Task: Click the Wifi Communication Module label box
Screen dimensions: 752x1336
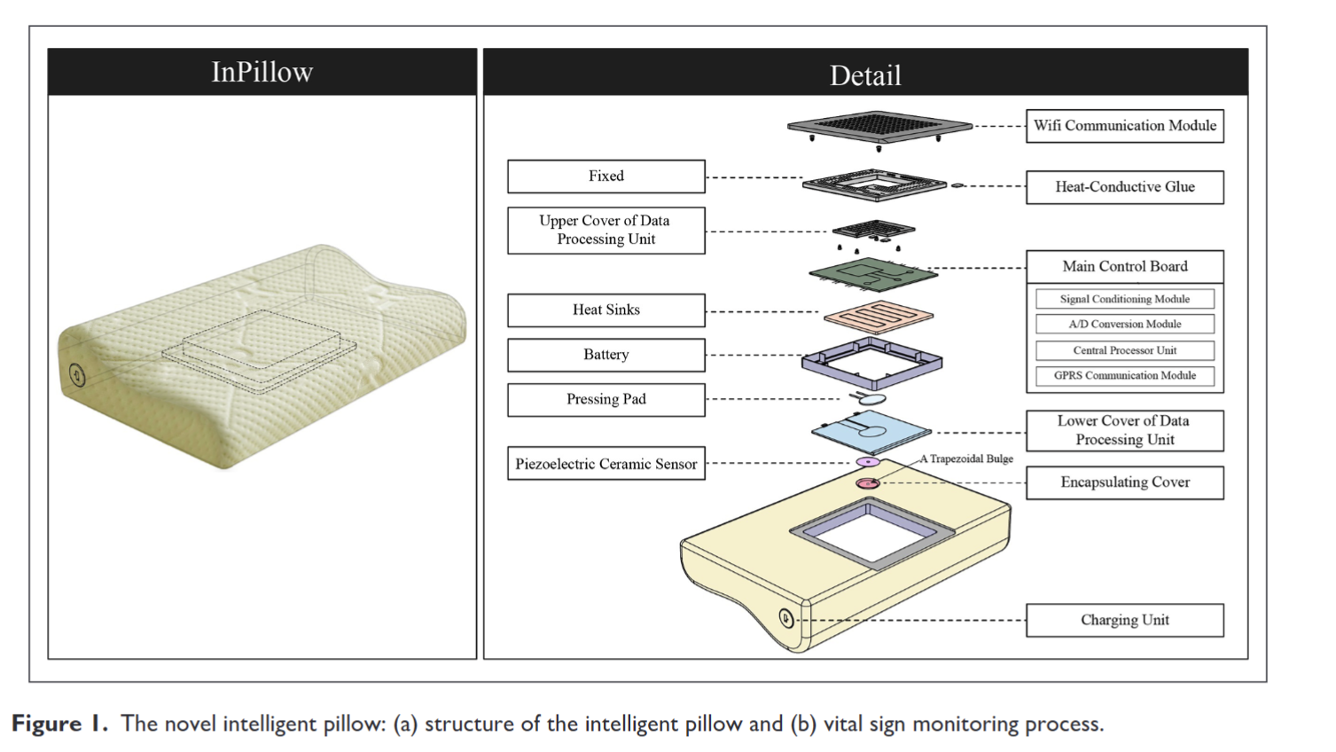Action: click(x=1124, y=126)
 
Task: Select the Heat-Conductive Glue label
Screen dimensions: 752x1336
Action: click(x=1124, y=187)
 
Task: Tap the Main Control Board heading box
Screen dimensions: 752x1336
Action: click(x=1124, y=266)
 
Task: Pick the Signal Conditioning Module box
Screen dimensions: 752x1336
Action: click(x=1124, y=299)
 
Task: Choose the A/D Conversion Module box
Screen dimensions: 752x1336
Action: click(x=1124, y=325)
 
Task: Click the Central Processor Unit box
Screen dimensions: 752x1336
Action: click(x=1124, y=350)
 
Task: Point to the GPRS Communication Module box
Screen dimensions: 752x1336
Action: click(x=1124, y=376)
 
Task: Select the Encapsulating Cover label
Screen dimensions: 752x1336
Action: click(x=1124, y=482)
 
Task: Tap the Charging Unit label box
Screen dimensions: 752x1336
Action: click(x=1124, y=620)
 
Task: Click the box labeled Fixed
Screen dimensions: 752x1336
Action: click(x=605, y=176)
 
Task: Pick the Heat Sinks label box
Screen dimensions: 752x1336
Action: click(x=605, y=310)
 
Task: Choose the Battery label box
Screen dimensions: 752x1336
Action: click(x=605, y=355)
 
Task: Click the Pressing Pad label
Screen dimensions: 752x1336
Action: click(x=605, y=400)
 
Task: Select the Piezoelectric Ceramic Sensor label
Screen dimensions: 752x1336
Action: click(x=605, y=464)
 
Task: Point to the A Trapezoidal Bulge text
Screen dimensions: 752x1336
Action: click(x=966, y=458)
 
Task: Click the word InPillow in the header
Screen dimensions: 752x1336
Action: click(x=262, y=72)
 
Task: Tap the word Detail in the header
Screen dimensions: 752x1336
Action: click(x=865, y=75)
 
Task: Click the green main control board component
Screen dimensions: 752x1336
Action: click(x=872, y=274)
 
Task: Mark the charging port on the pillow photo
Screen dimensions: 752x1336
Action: click(x=77, y=376)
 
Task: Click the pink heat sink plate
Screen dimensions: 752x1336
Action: click(x=878, y=316)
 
